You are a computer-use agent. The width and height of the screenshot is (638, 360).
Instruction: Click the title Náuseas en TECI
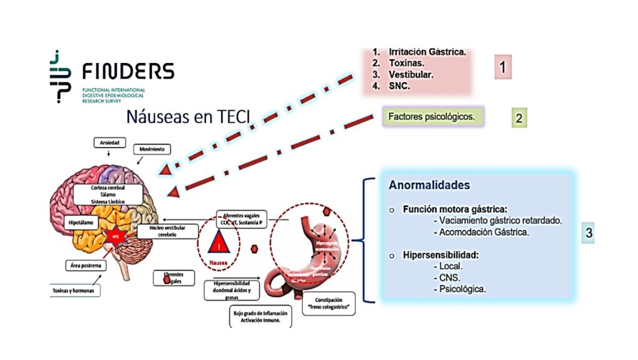coord(188,116)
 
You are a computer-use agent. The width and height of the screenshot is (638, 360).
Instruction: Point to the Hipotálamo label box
coord(82,222)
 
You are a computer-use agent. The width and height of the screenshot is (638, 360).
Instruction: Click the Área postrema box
coord(86,266)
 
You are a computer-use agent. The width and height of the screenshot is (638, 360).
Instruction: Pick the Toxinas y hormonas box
coord(74,290)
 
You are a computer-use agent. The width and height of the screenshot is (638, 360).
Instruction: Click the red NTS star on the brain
coord(115,236)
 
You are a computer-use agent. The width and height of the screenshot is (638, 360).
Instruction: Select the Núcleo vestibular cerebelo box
coord(157,232)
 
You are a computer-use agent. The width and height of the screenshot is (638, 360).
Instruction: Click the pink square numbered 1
coord(503,67)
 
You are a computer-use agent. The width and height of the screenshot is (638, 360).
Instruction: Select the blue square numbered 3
coord(588,233)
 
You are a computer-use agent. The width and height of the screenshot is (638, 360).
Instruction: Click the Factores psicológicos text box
coord(431,116)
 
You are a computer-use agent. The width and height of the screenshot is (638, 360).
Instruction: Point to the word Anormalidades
coord(429,186)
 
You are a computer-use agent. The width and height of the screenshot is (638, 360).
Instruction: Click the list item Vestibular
coord(411,75)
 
